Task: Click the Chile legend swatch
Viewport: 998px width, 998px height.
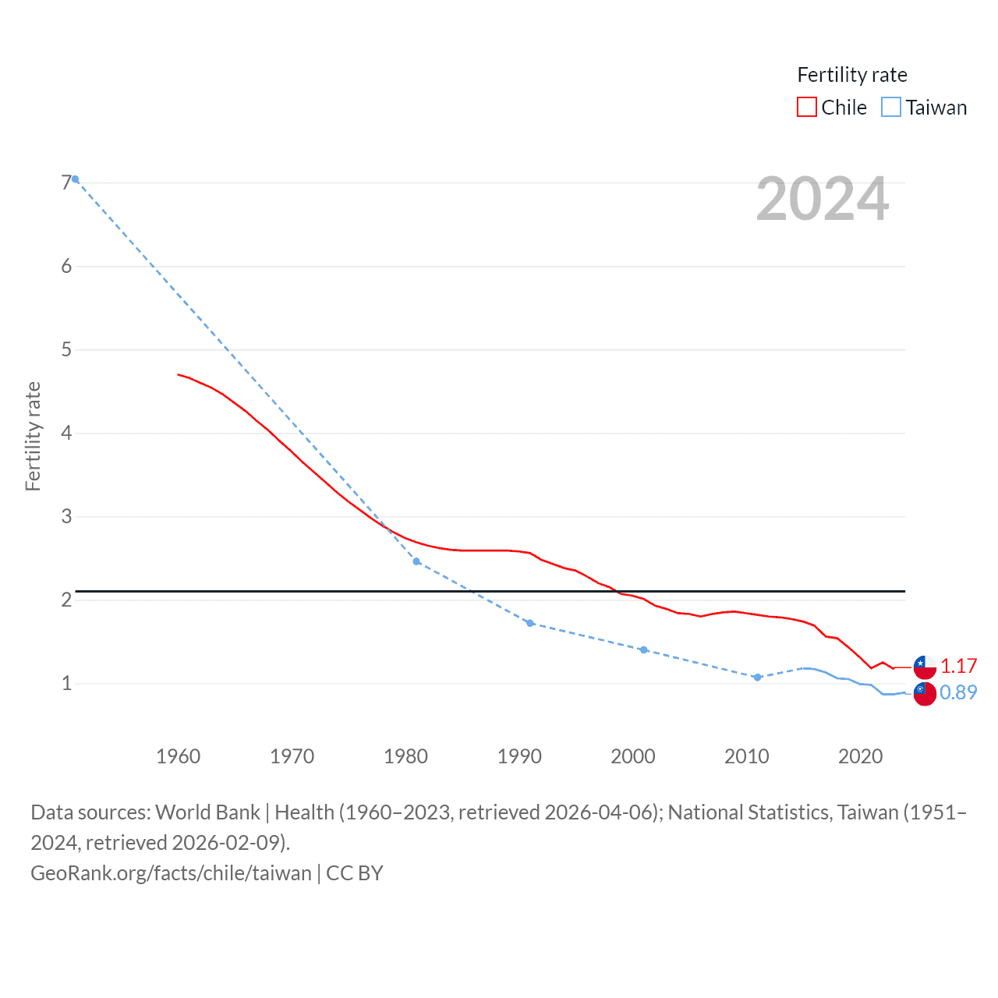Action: [807, 107]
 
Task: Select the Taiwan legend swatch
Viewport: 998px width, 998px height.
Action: [891, 107]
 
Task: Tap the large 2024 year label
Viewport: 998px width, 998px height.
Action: [823, 199]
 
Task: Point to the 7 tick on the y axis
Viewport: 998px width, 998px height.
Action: [66, 182]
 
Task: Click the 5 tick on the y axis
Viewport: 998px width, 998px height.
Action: [66, 349]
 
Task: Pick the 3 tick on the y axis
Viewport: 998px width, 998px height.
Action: [66, 516]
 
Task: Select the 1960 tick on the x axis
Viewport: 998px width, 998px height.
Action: [178, 756]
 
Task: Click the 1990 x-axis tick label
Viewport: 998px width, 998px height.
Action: [519, 756]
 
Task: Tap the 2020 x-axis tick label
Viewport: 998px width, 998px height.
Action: [860, 756]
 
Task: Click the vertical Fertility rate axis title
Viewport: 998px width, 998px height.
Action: [33, 437]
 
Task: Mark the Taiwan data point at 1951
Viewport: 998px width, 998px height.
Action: [75, 179]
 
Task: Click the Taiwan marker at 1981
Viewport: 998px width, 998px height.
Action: [416, 561]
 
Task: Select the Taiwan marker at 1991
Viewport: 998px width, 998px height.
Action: [530, 623]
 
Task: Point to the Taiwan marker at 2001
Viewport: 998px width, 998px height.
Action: [643, 649]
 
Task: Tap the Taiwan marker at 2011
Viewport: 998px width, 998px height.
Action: [757, 678]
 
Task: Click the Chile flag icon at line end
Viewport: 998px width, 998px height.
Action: [925, 667]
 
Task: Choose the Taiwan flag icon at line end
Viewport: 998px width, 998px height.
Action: [925, 693]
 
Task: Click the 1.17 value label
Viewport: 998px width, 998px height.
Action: [958, 666]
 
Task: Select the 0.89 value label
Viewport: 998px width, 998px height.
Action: [958, 692]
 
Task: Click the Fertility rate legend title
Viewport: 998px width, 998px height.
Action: [852, 75]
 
